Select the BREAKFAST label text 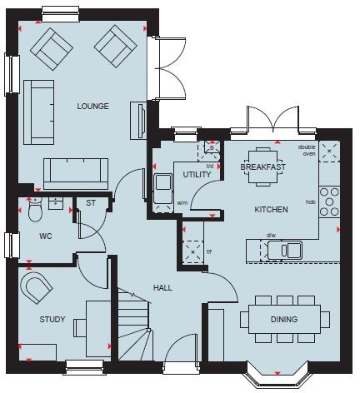pyautogui.click(x=262, y=167)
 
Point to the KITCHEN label pyautogui.click(x=272, y=210)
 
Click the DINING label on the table pyautogui.click(x=282, y=320)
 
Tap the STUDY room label pyautogui.click(x=52, y=320)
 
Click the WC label pyautogui.click(x=46, y=236)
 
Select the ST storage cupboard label pyautogui.click(x=90, y=201)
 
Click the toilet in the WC pyautogui.click(x=35, y=211)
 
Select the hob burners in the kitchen pyautogui.click(x=330, y=201)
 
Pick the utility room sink pyautogui.click(x=160, y=187)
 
